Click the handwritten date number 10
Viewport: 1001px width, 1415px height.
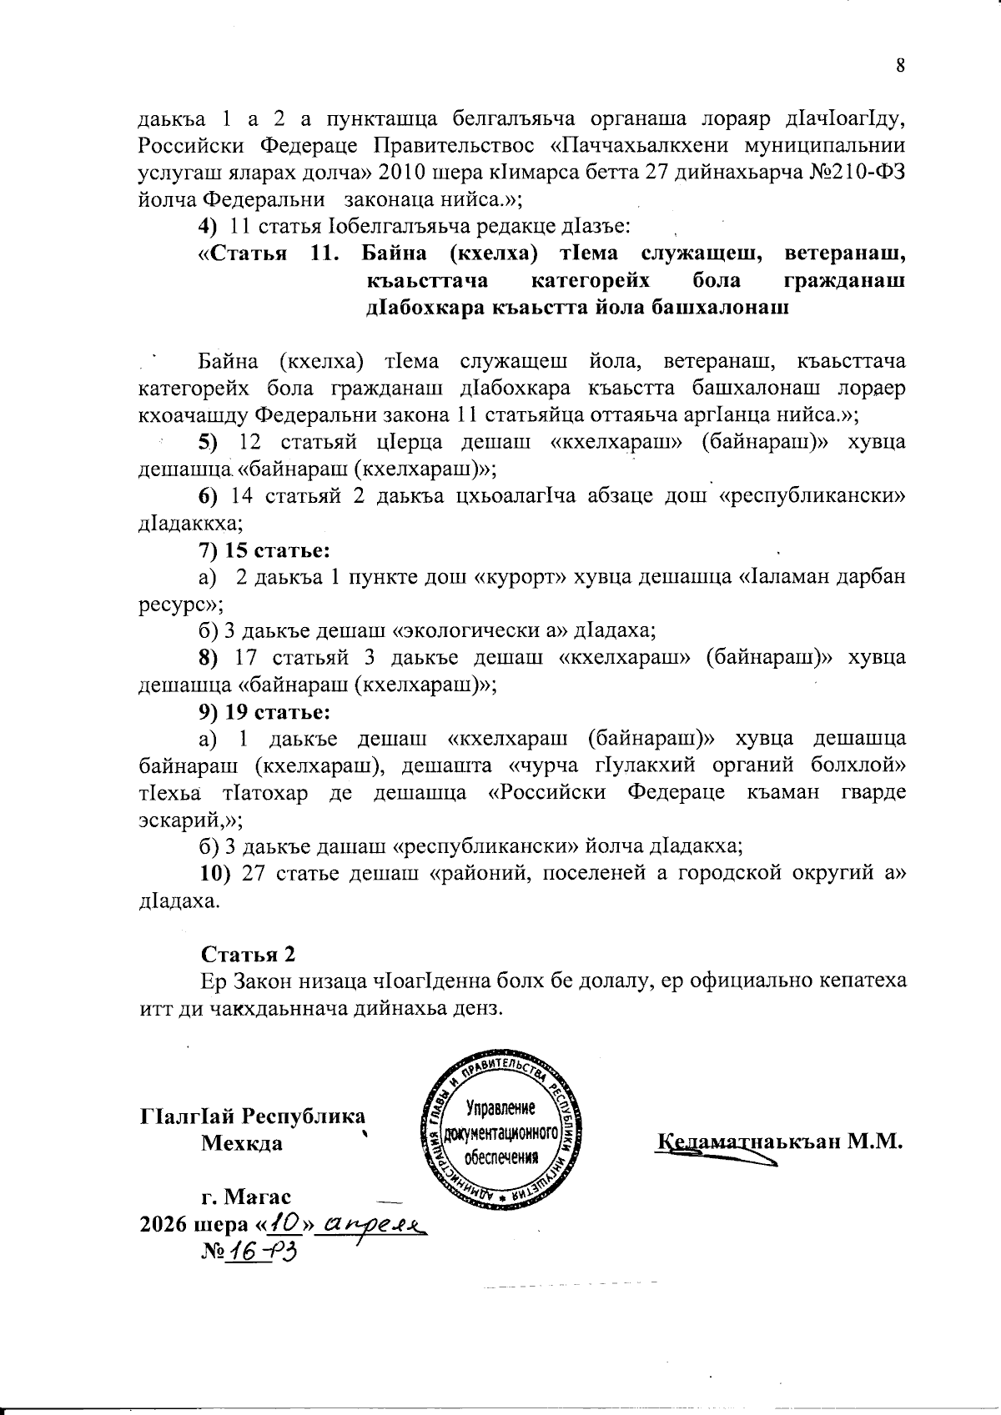(285, 1223)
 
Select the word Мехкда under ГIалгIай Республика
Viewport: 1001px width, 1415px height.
(242, 1142)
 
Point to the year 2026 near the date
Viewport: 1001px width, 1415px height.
(164, 1225)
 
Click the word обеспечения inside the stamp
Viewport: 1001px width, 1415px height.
(499, 1157)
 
